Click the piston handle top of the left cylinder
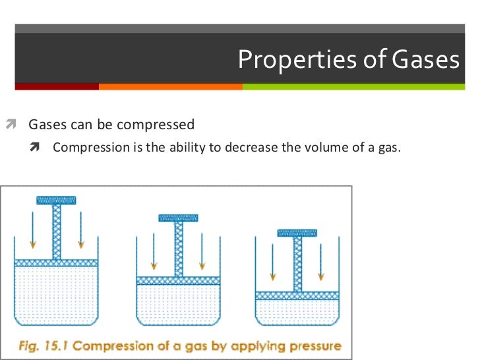tap(56, 200)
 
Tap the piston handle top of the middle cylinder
tap(178, 218)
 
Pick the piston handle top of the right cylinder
tap(297, 232)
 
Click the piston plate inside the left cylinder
tap(56, 262)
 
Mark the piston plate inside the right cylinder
tap(297, 295)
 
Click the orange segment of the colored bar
tap(171, 86)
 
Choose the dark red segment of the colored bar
tap(57, 86)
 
